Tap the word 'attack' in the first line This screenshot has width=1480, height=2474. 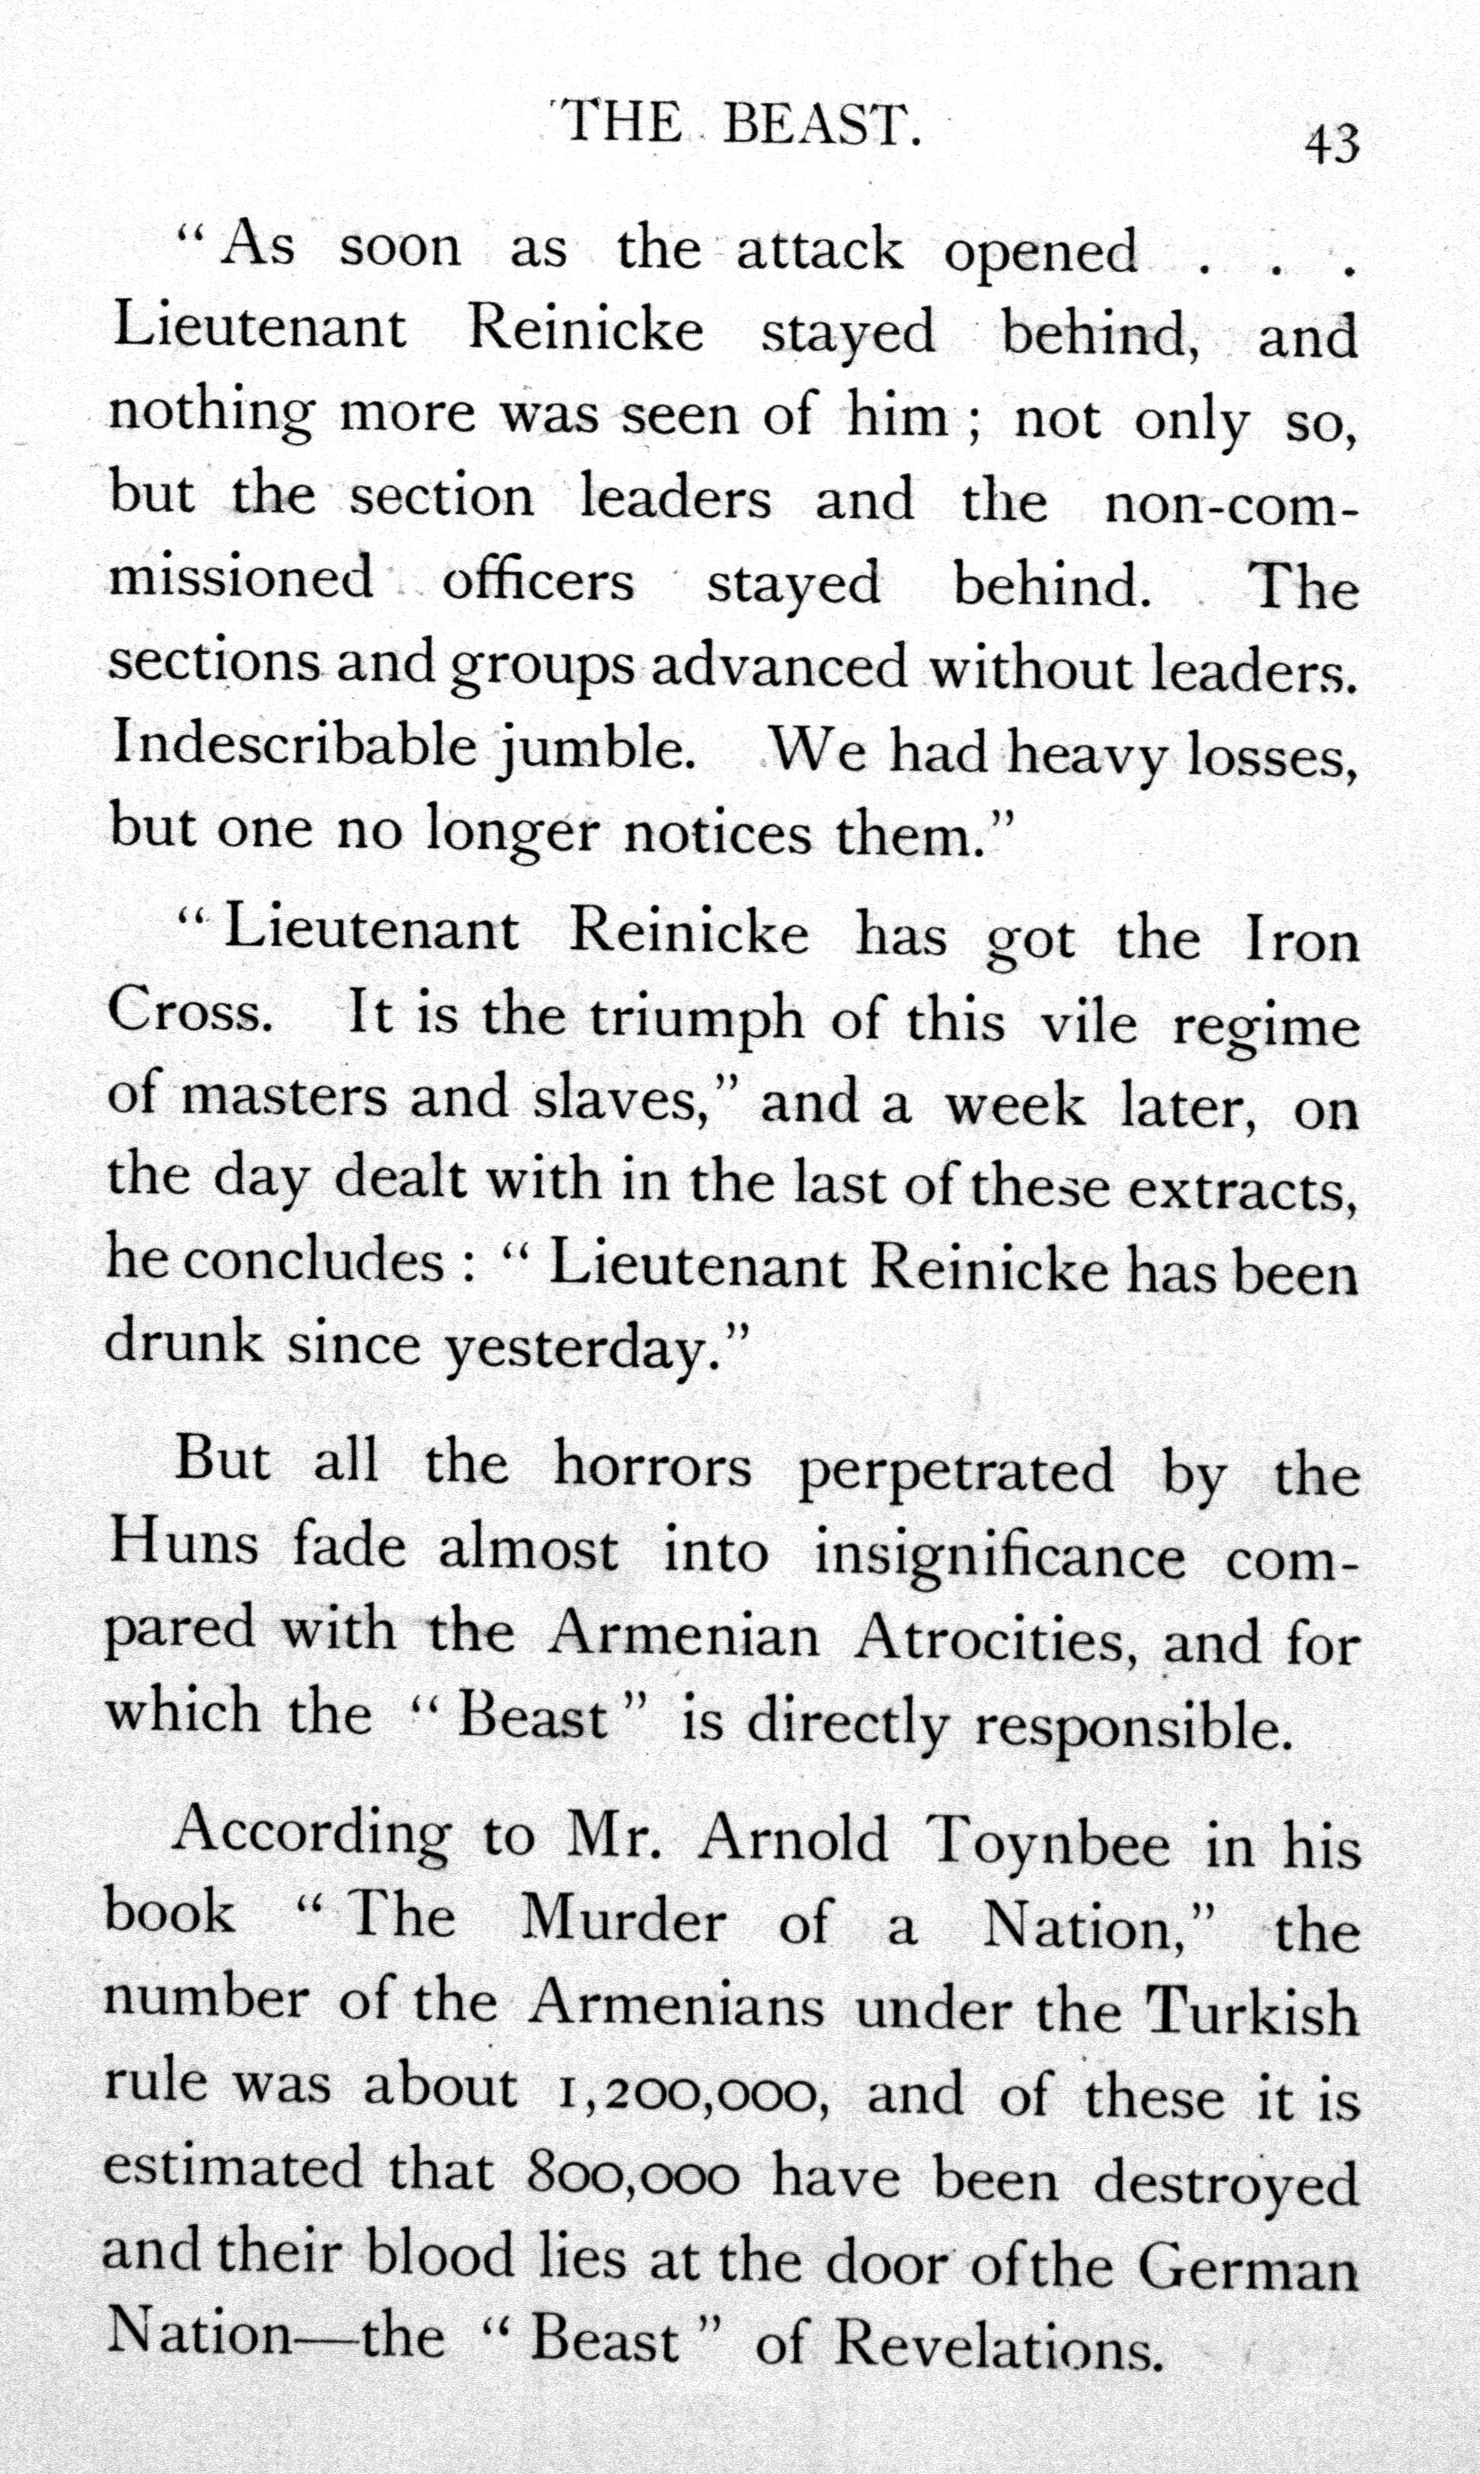point(819,251)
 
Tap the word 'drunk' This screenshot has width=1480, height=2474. point(184,1341)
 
